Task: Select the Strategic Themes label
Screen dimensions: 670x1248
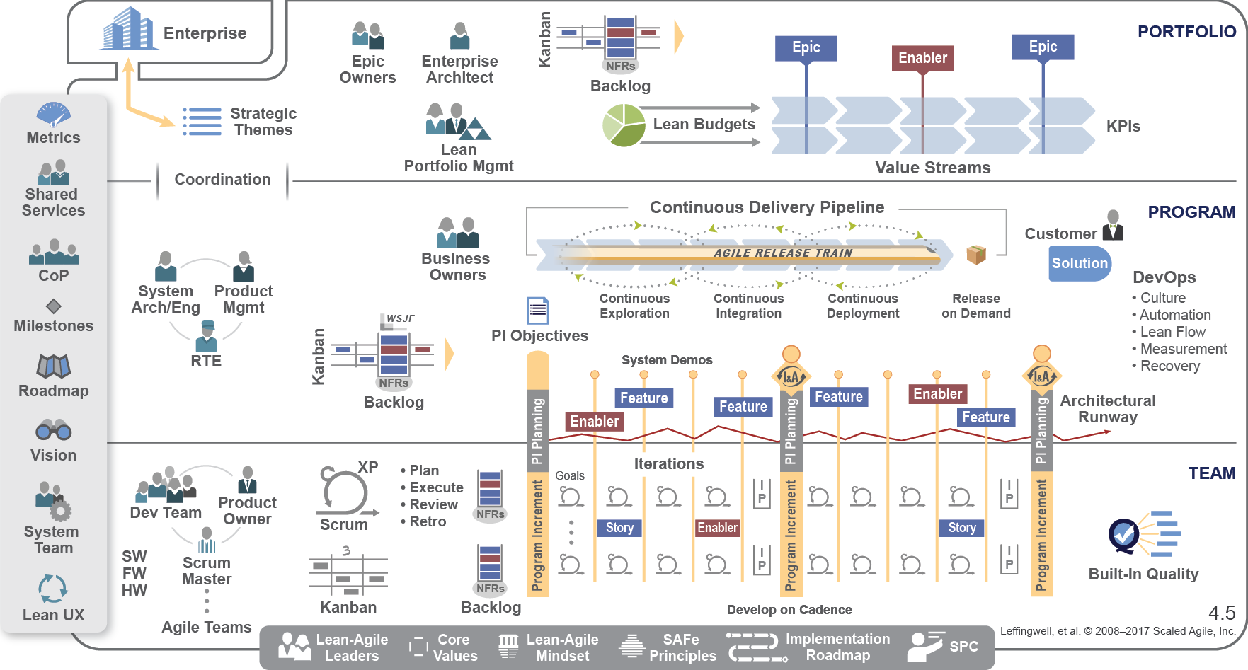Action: (263, 122)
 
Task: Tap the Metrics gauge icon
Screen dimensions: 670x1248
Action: (54, 114)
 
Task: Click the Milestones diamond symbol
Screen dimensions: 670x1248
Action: (54, 306)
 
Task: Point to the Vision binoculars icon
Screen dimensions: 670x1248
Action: (54, 429)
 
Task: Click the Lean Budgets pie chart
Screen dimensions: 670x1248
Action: (624, 125)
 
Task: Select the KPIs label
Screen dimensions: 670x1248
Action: (1123, 127)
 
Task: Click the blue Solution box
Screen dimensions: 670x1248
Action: (1080, 263)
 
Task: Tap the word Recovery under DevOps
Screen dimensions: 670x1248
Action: (1169, 366)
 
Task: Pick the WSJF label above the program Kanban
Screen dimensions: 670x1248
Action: (400, 318)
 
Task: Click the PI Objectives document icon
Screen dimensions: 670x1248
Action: (538, 311)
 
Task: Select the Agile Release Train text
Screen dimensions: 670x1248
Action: (782, 253)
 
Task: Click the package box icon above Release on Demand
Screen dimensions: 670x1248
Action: (976, 254)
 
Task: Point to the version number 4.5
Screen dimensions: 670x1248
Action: (1222, 613)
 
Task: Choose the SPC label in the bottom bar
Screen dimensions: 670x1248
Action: (963, 646)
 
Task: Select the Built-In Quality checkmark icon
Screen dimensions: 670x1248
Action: (1123, 535)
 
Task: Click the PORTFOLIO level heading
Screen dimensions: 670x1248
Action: (1186, 32)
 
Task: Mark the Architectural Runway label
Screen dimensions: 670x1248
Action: (1107, 409)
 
